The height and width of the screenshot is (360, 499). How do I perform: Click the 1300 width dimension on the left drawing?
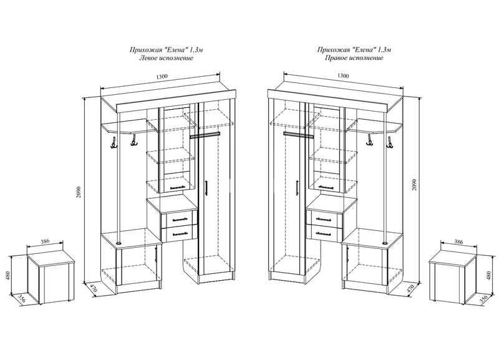pyautogui.click(x=162, y=76)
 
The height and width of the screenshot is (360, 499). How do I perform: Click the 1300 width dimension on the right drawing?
pyautogui.click(x=343, y=75)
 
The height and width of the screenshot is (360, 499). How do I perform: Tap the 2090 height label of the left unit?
pyautogui.click(x=79, y=192)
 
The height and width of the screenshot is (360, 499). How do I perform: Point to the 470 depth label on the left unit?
pyautogui.click(x=92, y=288)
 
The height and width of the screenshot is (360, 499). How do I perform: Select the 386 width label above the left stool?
pyautogui.click(x=46, y=241)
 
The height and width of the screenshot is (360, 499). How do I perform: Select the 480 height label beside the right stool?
pyautogui.click(x=490, y=275)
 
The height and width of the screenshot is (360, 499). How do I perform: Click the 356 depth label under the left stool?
pyautogui.click(x=22, y=299)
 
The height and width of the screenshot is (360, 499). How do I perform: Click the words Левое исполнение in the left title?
pyautogui.click(x=166, y=58)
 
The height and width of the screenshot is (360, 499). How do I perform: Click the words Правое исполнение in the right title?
pyautogui.click(x=354, y=58)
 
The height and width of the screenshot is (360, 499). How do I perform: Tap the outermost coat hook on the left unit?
pyautogui.click(x=114, y=142)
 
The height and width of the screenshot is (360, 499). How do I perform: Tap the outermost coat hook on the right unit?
pyautogui.click(x=389, y=142)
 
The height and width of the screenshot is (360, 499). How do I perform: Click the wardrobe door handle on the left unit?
pyautogui.click(x=206, y=188)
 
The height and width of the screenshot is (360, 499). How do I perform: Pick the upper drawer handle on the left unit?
pyautogui.click(x=180, y=219)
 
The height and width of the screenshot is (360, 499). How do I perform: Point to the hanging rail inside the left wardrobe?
pyautogui.click(x=205, y=135)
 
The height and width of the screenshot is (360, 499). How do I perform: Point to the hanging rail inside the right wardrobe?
pyautogui.click(x=299, y=135)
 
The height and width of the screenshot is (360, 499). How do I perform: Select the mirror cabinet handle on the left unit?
pyautogui.click(x=178, y=187)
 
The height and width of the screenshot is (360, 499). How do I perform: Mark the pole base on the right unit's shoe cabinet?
pyautogui.click(x=385, y=243)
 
